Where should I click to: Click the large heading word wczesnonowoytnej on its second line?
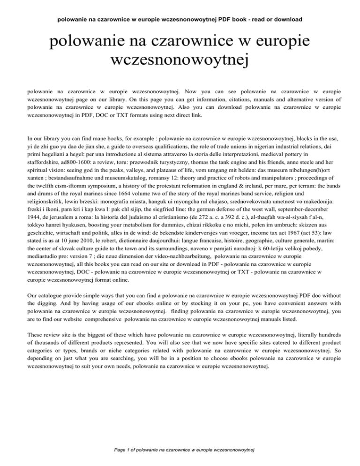click(x=180, y=60)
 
